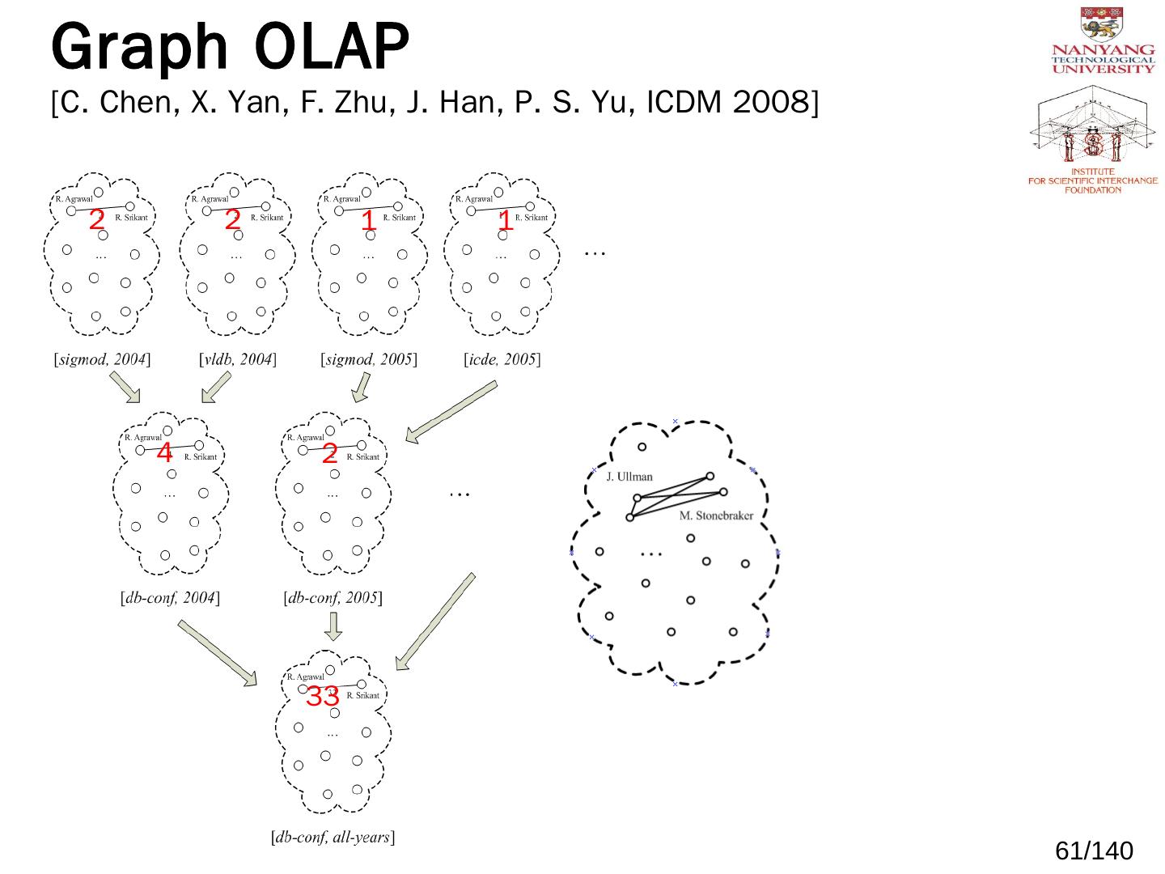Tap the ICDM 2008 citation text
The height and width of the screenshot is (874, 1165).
click(x=434, y=104)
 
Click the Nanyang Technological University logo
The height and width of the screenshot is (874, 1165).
click(x=1104, y=41)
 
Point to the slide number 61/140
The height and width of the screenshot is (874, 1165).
click(x=1094, y=851)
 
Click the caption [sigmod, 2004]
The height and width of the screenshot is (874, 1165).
click(x=102, y=359)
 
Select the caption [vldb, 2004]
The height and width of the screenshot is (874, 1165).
click(x=237, y=359)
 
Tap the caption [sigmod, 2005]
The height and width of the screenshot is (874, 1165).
click(x=369, y=359)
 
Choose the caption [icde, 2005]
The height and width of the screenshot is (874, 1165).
click(x=502, y=359)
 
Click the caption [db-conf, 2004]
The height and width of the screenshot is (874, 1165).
click(x=170, y=599)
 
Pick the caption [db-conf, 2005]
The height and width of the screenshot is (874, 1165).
click(x=333, y=599)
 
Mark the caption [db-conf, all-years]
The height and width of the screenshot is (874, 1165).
click(x=333, y=838)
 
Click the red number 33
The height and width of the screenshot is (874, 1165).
click(x=322, y=696)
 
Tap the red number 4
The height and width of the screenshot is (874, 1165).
click(x=164, y=453)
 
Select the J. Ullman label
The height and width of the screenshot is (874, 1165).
click(x=629, y=477)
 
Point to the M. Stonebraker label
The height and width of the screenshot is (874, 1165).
click(x=716, y=515)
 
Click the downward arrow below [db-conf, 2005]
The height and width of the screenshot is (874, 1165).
click(x=333, y=626)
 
